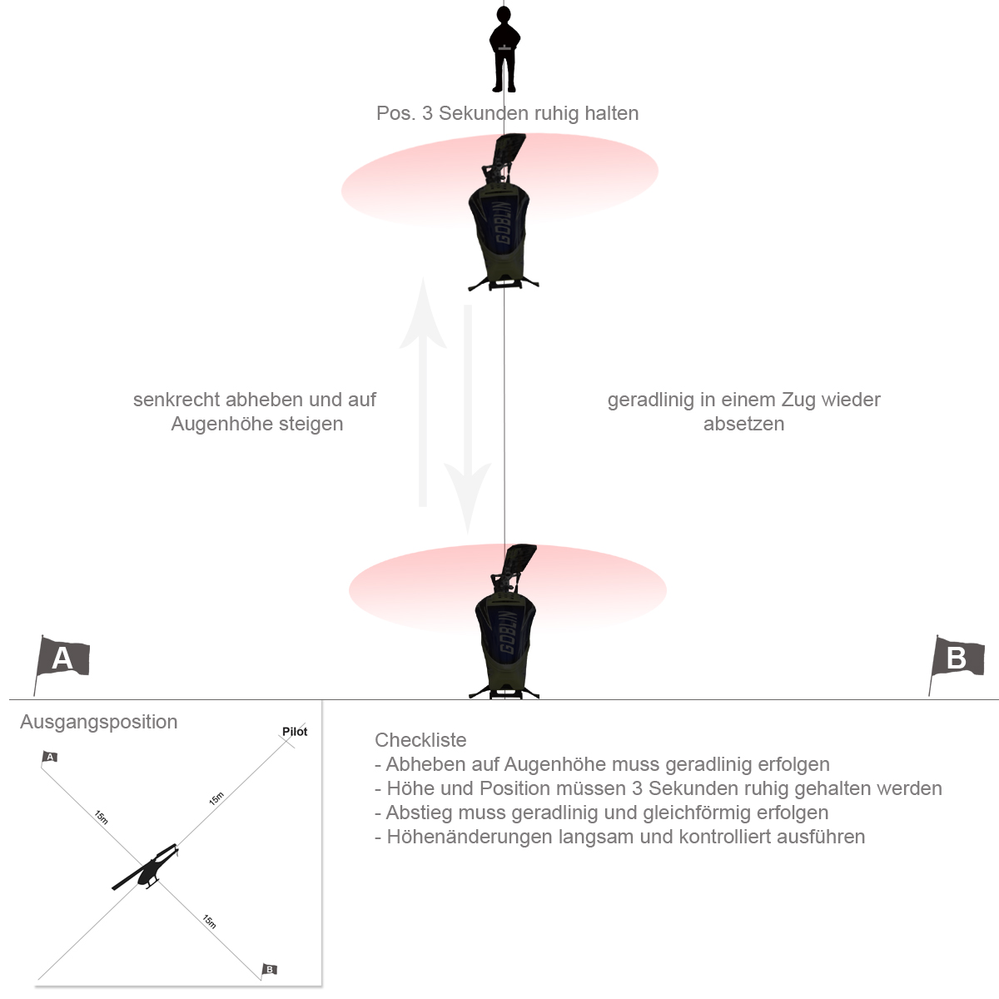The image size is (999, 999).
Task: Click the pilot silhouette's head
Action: [504, 16]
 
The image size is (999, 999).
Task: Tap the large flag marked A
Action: [62, 659]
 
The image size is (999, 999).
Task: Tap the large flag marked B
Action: [957, 659]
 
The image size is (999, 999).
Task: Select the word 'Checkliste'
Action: [420, 740]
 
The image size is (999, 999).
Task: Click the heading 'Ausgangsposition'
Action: [98, 722]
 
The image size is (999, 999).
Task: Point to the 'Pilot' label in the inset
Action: [295, 732]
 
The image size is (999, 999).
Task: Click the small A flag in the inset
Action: [49, 758]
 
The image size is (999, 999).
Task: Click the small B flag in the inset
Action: [269, 970]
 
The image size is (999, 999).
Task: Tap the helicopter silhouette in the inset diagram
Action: [146, 867]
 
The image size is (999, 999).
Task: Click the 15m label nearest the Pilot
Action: [216, 798]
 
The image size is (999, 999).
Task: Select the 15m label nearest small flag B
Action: [209, 922]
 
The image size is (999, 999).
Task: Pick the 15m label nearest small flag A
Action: [101, 818]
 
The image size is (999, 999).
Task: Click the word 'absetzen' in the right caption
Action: [744, 424]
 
